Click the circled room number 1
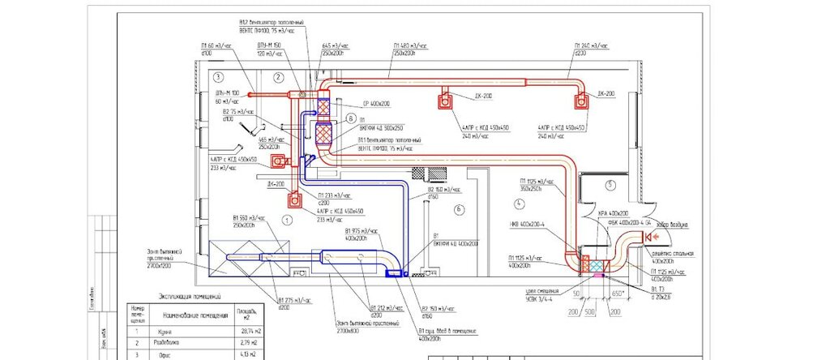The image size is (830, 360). pyautogui.click(x=285, y=220)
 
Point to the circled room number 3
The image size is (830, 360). pyautogui.click(x=218, y=77)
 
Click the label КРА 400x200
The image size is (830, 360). pyautogui.click(x=614, y=212)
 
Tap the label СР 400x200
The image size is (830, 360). pyautogui.click(x=354, y=105)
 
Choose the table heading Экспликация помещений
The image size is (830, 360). pyautogui.click(x=195, y=298)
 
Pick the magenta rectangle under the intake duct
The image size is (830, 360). pyautogui.click(x=601, y=276)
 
